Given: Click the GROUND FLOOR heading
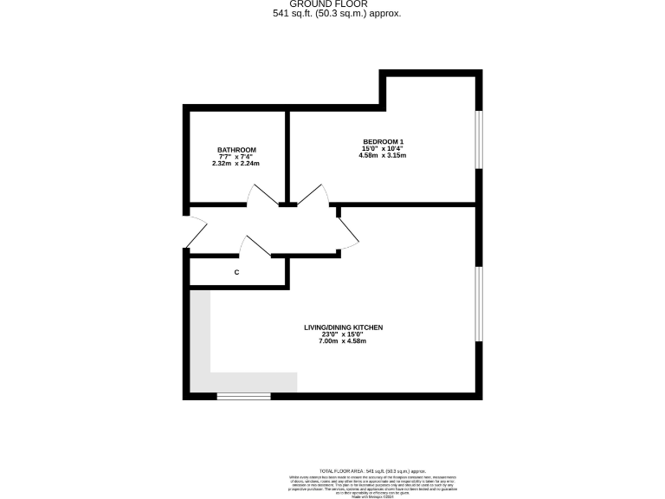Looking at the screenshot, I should pos(332,4).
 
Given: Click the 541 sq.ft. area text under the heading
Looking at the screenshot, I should pos(332,14).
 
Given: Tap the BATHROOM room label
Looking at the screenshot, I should pos(236,150).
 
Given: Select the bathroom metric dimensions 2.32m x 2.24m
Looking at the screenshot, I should pos(236,163).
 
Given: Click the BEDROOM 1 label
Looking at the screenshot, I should pos(383,142).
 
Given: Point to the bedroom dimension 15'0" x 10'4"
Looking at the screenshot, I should pos(383,149).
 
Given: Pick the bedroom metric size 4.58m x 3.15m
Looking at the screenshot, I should pos(383,156).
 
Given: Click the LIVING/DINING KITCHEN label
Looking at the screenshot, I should pos(343,327).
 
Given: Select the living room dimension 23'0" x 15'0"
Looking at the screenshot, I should pos(343,334).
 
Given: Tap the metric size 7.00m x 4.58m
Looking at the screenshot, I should pos(343,341).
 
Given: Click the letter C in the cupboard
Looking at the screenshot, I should pos(236,273).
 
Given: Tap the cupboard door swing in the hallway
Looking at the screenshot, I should pos(256,246).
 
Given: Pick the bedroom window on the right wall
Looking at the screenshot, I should pos(479,139).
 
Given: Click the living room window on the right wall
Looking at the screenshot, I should pos(479,303).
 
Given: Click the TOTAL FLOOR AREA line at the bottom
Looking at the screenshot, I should pos(372,469).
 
